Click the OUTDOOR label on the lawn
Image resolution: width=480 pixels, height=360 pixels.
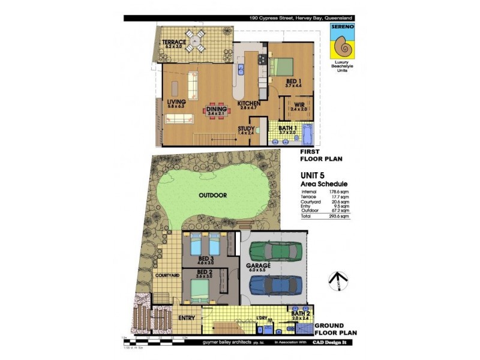tap(213, 195)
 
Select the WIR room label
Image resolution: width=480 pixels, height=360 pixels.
tap(298, 106)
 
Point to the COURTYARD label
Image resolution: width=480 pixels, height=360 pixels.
tap(167, 275)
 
